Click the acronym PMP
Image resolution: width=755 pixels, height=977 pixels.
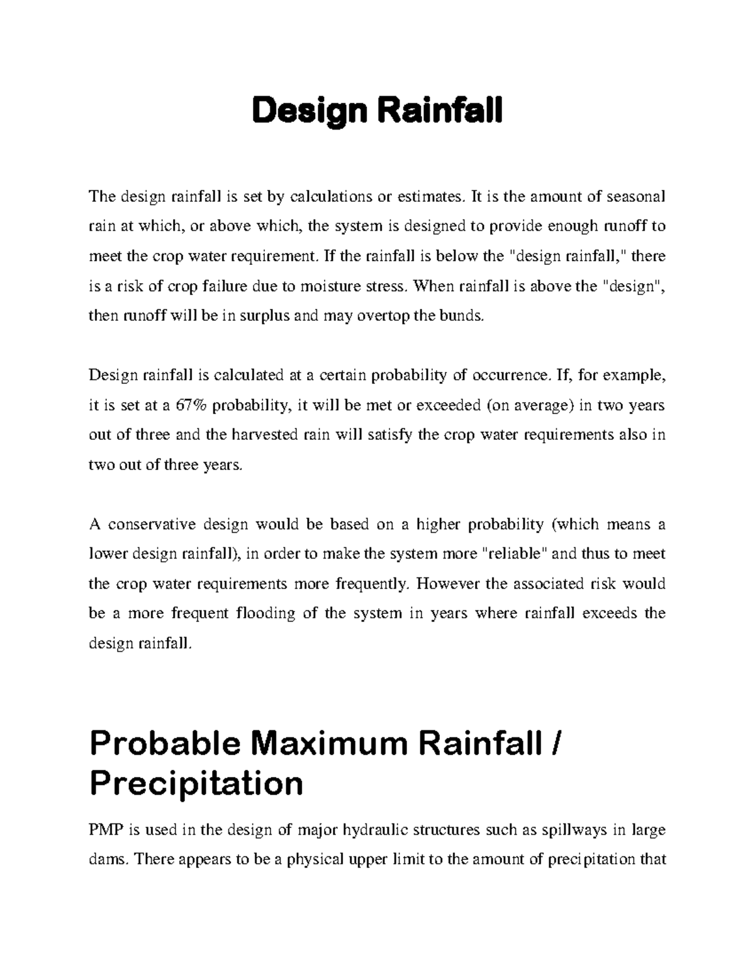pyautogui.click(x=106, y=830)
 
